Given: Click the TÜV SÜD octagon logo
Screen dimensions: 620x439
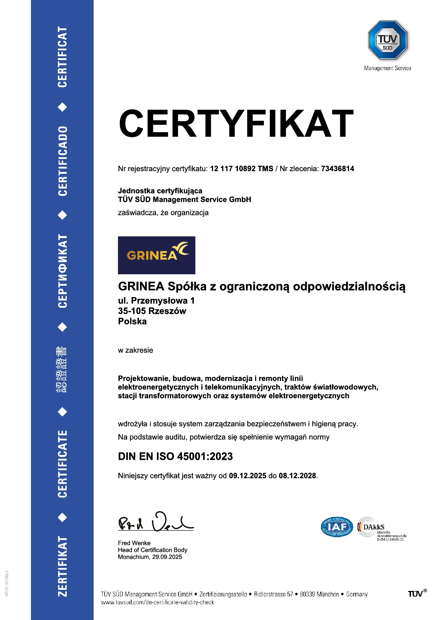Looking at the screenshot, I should pos(387,40).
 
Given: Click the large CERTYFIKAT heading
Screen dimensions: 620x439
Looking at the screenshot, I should pos(236,124).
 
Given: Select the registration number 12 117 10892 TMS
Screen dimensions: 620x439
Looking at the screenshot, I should pos(241,169).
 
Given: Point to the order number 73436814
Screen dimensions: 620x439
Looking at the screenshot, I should pos(337,169).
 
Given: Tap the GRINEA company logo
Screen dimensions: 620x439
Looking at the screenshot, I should pos(156,255).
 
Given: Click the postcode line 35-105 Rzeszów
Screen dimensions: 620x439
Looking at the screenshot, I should pos(152,311).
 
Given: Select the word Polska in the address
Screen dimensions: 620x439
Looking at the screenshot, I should pos(132,321).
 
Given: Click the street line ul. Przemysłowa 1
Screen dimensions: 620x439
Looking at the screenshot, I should pos(156,301).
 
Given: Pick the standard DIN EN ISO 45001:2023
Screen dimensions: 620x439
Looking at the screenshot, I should pos(175,457).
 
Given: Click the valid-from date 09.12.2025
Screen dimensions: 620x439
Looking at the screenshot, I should pos(247,476).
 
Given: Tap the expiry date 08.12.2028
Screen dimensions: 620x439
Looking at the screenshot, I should pos(297,476).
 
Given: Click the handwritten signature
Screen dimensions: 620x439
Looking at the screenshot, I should pos(156,522).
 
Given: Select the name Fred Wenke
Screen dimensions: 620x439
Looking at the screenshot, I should pos(134,543).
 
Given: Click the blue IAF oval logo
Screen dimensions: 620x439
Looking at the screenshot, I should pos(337,527).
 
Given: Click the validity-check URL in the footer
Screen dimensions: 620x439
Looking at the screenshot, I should pos(157,602).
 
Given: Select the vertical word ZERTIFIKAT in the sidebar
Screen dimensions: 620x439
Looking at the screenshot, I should pos(63,566).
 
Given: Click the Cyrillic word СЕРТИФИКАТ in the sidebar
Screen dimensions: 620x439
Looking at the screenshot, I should pos(63,271).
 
